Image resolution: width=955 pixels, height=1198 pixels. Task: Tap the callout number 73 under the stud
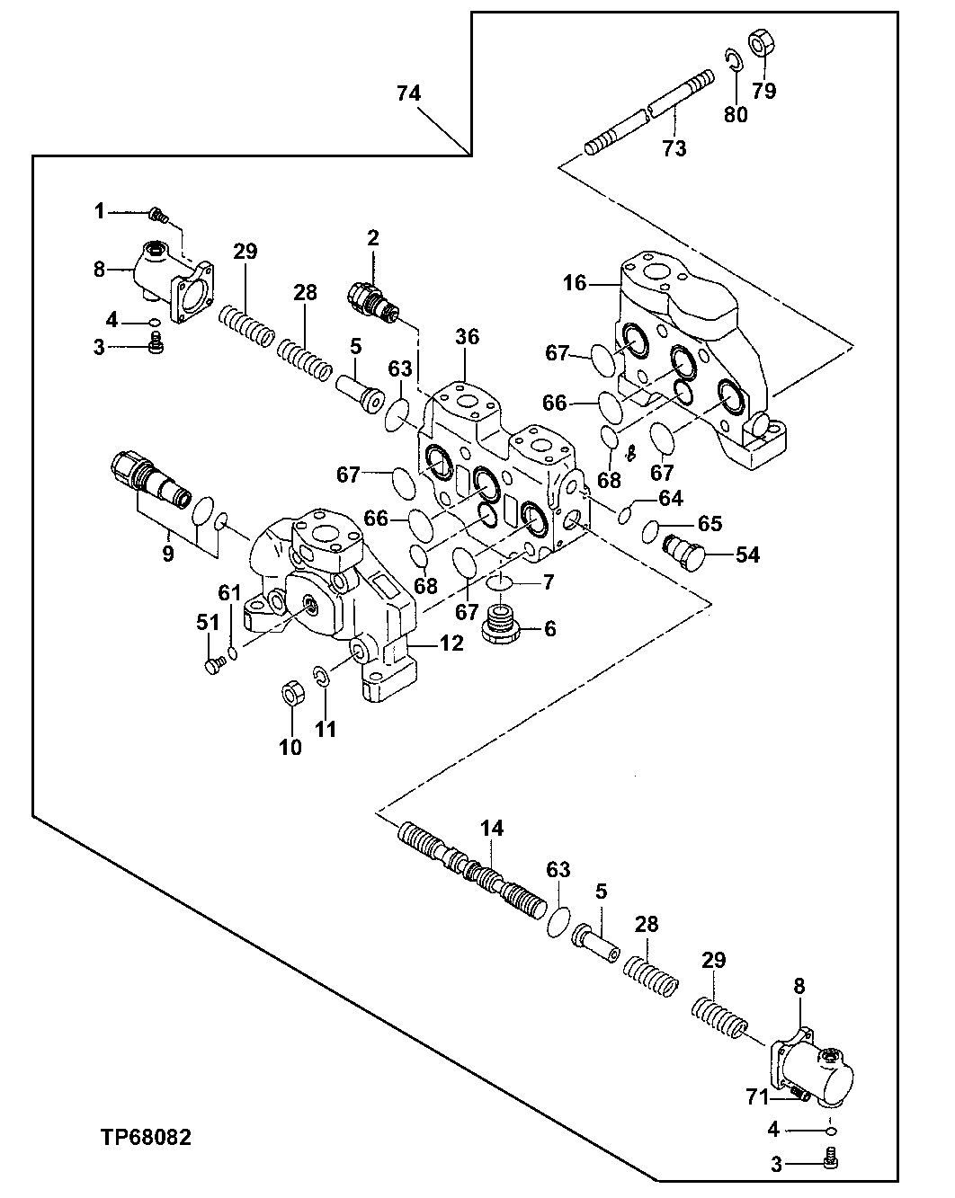pyautogui.click(x=674, y=148)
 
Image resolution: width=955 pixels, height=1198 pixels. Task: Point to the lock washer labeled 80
pyautogui.click(x=734, y=60)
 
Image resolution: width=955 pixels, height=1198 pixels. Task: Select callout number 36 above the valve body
pyautogui.click(x=467, y=337)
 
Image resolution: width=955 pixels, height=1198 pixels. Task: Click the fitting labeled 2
pyautogui.click(x=370, y=298)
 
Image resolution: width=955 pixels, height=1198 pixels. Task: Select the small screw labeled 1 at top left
pyautogui.click(x=156, y=214)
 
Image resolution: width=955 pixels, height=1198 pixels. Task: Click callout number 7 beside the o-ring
pyautogui.click(x=548, y=581)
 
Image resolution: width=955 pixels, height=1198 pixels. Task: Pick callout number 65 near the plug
pyautogui.click(x=710, y=524)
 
